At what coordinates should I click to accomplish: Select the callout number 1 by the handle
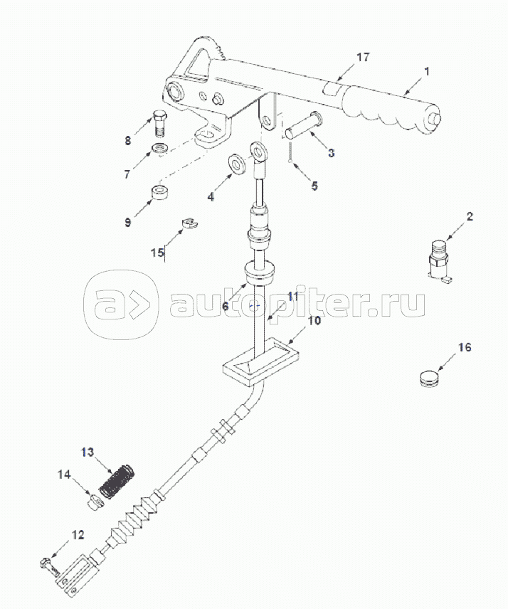point(427,71)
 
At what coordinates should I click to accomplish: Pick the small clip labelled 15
point(189,223)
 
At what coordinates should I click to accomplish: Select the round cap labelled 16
point(429,378)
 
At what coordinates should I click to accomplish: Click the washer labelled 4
point(236,165)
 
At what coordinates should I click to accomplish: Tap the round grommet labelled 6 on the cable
point(260,273)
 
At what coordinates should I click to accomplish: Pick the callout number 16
point(464,348)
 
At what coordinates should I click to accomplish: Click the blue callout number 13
point(87,452)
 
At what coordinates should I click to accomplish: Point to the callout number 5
point(314,186)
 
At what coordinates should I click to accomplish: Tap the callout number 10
point(314,321)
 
